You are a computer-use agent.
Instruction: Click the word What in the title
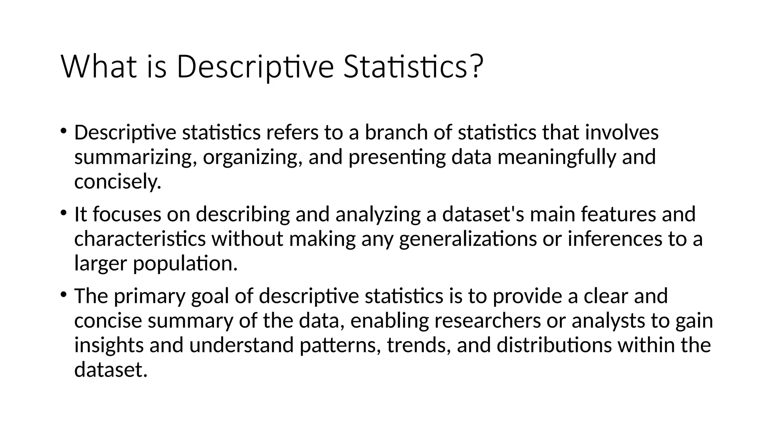99,67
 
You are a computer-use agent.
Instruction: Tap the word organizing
253,158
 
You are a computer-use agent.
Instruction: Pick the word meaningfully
557,158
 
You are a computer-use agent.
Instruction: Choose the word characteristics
140,239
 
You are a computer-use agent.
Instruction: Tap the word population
185,264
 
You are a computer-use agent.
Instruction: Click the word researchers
487,320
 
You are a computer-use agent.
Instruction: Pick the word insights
109,345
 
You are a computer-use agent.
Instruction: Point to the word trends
419,345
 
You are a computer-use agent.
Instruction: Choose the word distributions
554,345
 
